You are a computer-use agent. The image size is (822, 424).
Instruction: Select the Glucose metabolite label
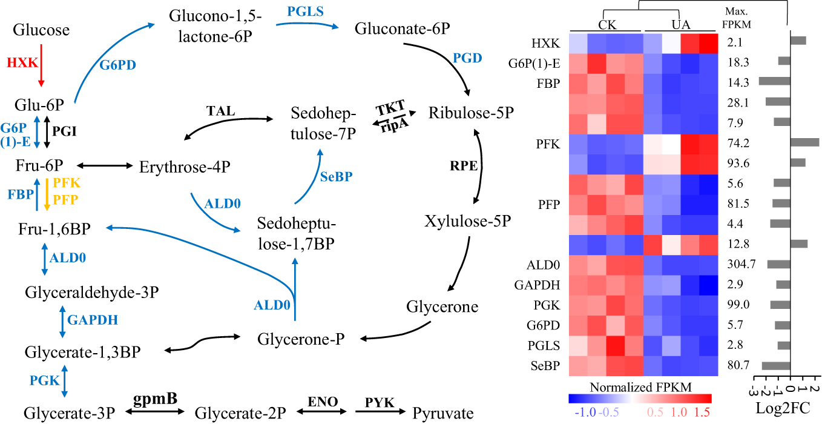(41, 29)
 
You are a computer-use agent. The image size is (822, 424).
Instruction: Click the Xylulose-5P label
(469, 222)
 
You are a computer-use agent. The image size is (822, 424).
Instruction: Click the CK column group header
(606, 25)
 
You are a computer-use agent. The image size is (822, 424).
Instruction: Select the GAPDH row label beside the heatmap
(547, 283)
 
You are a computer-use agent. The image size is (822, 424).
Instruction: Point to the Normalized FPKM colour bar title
(640, 386)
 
